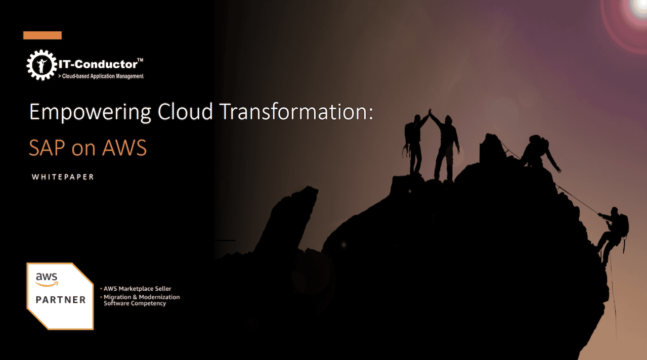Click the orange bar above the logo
tap(42, 35)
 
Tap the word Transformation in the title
tap(294, 112)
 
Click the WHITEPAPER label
tap(63, 177)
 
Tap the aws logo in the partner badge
tap(47, 279)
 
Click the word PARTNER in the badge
tap(61, 300)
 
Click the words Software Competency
tap(135, 303)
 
